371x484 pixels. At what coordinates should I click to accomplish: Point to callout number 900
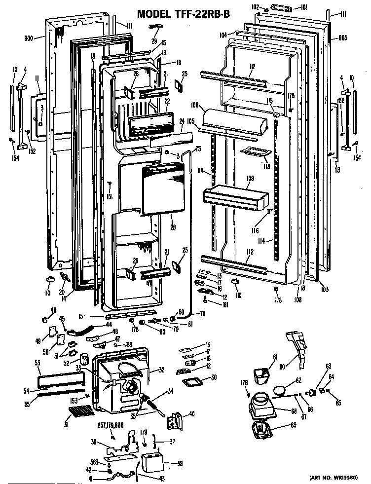point(31,37)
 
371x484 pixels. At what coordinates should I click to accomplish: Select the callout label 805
point(343,38)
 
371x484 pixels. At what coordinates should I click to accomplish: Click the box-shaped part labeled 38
point(152,463)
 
